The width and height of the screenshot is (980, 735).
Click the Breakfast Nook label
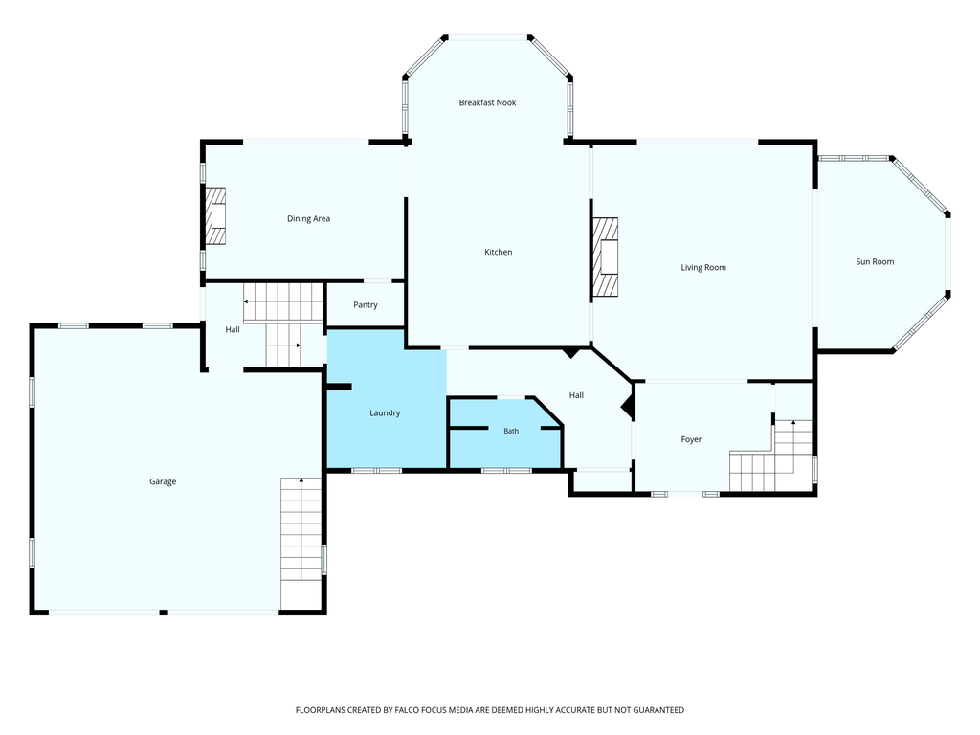pos(487,102)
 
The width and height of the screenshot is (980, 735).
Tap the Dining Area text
pos(308,219)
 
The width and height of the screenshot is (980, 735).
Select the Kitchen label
pos(498,252)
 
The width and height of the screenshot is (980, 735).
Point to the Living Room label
pos(703,268)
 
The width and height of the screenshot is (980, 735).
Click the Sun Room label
pos(875,262)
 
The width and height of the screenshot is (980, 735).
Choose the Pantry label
pos(365,305)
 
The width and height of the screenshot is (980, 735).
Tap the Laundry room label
pos(385,413)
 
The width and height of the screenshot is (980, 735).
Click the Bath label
pos(511,431)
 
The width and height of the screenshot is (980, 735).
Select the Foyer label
pos(691,439)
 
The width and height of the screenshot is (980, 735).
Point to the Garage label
pos(163,481)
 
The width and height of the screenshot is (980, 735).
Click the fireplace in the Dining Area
pos(215,216)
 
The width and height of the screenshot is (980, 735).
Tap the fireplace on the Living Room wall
pos(605,256)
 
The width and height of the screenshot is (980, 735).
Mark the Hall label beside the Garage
pos(232,329)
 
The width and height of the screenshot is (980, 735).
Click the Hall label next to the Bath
pos(576,395)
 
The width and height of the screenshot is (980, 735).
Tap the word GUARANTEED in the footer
pos(658,710)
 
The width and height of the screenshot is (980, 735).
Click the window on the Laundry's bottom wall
pos(376,470)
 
